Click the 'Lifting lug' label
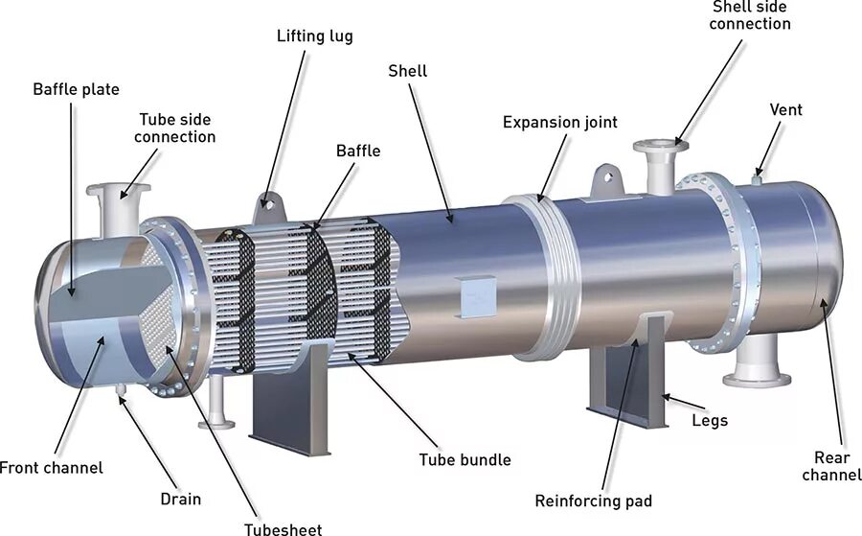[314, 36]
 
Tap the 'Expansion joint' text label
[559, 122]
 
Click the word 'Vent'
[785, 109]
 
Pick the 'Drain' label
[180, 499]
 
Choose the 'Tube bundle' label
[465, 459]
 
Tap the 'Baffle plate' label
[76, 89]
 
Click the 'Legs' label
[709, 420]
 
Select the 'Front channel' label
[51, 468]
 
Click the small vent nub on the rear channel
[757, 177]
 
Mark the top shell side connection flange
[661, 147]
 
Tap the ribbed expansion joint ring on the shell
[543, 273]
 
